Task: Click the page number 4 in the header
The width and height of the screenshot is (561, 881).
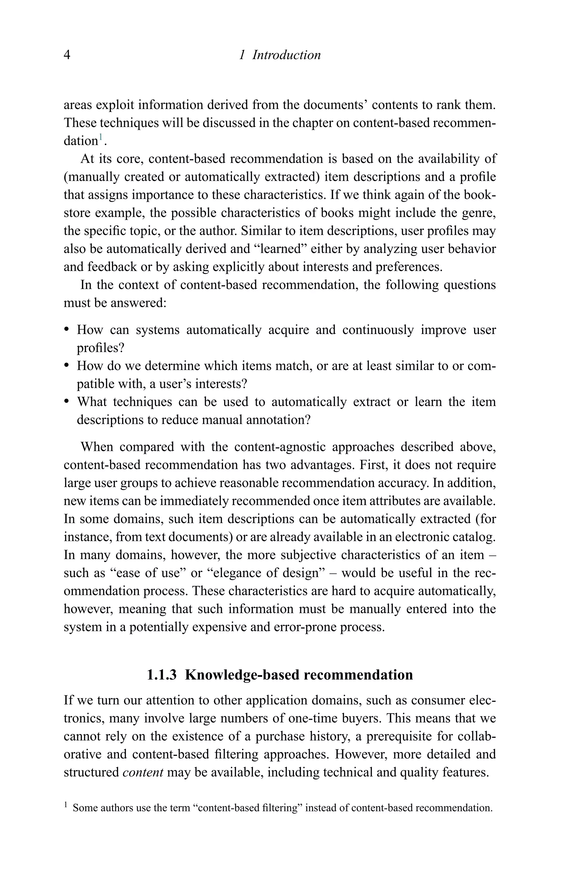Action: click(x=67, y=55)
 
